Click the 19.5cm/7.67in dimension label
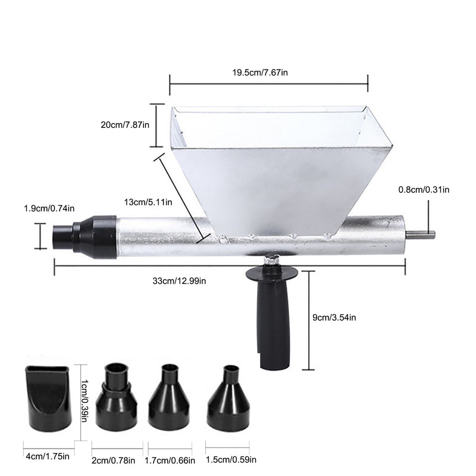click(260, 73)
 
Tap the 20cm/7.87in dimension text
click(125, 125)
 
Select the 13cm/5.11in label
click(148, 202)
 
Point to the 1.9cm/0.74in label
click(49, 208)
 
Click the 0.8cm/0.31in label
click(424, 190)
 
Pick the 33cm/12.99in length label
click(179, 281)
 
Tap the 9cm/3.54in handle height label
click(334, 318)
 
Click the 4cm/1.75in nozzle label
click(48, 456)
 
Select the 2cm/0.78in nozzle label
click(113, 460)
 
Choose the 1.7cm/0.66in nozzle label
click(170, 460)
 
